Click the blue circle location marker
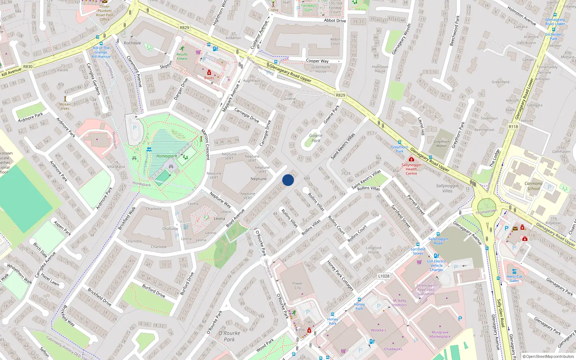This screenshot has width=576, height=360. click(x=288, y=180)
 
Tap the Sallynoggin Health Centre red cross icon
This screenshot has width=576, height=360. click(x=411, y=159)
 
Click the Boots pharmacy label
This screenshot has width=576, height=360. click(x=209, y=78)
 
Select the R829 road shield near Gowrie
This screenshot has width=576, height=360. click(x=340, y=95)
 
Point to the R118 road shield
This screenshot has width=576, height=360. click(x=513, y=127)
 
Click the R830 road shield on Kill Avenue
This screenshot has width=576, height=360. click(x=28, y=67)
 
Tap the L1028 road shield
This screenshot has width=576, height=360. click(x=384, y=276)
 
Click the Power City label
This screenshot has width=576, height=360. click(x=297, y=285)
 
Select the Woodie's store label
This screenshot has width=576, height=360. click(x=378, y=330)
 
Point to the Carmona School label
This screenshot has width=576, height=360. click(x=534, y=186)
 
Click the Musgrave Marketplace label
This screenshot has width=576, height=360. click(x=440, y=334)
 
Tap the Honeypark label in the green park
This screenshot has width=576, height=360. click(x=167, y=156)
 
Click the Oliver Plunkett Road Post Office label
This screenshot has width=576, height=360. click(x=104, y=13)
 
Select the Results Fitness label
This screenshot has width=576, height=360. click(x=182, y=57)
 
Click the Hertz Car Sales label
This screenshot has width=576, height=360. click(x=514, y=279)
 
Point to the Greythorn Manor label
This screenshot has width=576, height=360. click(x=441, y=144)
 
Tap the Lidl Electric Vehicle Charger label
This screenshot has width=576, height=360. click(x=436, y=266)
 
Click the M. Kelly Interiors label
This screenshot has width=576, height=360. click(x=400, y=303)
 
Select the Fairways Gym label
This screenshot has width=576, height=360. click(x=309, y=8)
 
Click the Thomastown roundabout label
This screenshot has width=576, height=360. click(x=486, y=212)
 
